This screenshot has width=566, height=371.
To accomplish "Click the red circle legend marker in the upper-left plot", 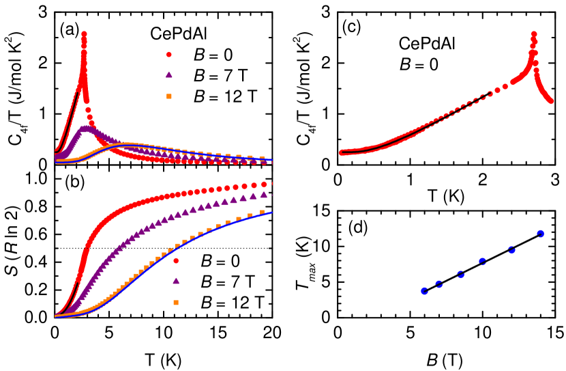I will [169, 55].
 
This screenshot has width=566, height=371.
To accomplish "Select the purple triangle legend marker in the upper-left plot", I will [169, 75].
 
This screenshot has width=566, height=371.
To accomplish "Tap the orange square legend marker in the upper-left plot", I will [169, 96].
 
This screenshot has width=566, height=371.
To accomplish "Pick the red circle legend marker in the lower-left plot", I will [176, 260].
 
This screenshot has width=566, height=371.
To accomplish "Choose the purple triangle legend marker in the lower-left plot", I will [176, 281].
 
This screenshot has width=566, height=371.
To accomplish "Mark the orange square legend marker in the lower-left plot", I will [176, 302].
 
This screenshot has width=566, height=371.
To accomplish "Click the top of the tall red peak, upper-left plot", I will [84, 33].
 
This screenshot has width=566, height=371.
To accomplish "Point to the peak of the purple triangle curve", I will [85, 128].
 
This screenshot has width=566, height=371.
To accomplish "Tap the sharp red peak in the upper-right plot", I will [533, 33].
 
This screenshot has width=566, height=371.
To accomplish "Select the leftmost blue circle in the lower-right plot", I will [424, 291].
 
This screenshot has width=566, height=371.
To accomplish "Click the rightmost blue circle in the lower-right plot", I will [540, 234].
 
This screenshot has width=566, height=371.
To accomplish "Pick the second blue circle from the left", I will [439, 284].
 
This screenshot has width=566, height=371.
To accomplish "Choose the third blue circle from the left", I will [461, 275].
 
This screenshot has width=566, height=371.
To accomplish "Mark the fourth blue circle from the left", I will [483, 262].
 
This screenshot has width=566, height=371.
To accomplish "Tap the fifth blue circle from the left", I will [511, 250].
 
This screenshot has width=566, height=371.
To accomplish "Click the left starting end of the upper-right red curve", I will [341, 152].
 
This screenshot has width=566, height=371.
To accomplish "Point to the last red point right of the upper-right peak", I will [550, 102].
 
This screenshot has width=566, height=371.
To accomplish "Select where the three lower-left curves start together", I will [56, 316].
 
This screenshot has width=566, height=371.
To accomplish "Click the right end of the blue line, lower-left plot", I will [271, 212].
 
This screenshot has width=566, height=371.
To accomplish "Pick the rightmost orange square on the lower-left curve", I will [262, 212].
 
